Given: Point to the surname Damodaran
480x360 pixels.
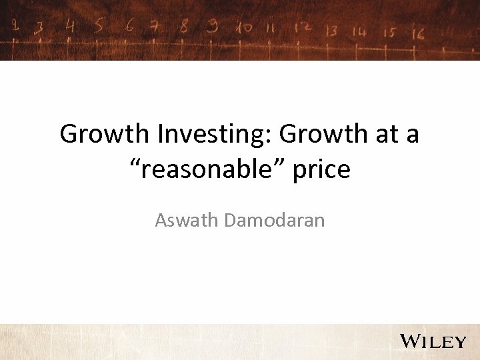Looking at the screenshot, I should coord(275,220).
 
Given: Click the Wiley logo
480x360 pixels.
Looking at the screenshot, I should coord(433,341).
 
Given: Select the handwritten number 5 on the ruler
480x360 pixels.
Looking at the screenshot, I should coord(99,25).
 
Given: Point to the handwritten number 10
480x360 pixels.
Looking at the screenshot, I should coord(243,27).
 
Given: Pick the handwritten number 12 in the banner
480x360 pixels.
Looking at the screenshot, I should coord(303,29).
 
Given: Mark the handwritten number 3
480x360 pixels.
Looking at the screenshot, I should coord(41,27).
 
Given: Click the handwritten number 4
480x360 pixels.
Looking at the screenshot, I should coord(70,25).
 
